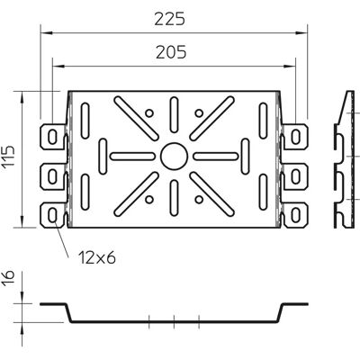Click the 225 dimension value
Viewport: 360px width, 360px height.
(170, 19)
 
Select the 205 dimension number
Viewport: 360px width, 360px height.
(171, 52)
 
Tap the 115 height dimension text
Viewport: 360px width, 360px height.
(9, 159)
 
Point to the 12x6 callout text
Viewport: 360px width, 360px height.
(97, 257)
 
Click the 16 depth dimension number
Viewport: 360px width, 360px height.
(9, 279)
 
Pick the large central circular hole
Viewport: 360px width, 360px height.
(174, 157)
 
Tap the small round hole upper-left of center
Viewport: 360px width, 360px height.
(149, 113)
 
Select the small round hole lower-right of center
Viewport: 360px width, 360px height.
(199, 199)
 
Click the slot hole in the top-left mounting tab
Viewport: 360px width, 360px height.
(52, 137)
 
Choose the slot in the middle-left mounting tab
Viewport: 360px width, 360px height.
(52, 176)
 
